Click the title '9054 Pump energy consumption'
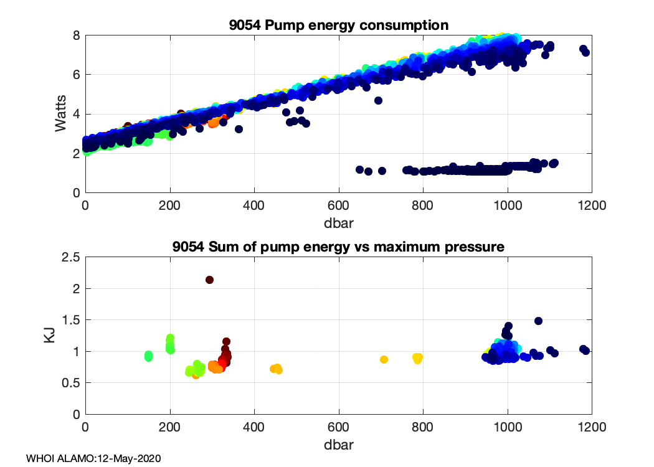(x=338, y=26)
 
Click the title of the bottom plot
(x=338, y=247)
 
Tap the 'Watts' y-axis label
(x=60, y=114)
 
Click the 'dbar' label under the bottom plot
(x=338, y=445)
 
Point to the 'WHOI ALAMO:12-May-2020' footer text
(x=93, y=459)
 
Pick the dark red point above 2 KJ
(x=210, y=280)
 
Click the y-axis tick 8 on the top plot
(x=76, y=35)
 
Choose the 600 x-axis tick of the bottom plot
(x=339, y=428)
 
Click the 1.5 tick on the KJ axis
(x=71, y=320)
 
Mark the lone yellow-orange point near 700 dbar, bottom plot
(x=384, y=359)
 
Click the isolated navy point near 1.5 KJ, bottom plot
(x=538, y=321)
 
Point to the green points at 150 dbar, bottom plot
(x=148, y=356)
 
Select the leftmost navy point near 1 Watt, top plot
(x=359, y=169)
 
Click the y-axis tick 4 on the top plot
(x=76, y=114)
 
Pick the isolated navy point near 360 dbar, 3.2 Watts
(x=239, y=130)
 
